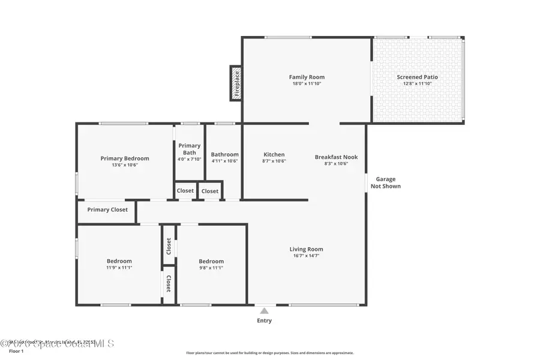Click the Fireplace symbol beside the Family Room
pos(236,83)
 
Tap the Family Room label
pos(307,77)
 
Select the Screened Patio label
pos(417,77)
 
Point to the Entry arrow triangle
pos(264,310)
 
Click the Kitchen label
pos(274,154)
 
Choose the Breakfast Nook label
pos(336,157)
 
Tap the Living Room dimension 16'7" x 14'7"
pos(307,256)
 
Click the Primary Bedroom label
pos(125,158)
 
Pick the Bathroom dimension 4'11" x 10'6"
pos(224,161)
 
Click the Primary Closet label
pos(107,209)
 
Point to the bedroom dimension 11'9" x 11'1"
pos(119,268)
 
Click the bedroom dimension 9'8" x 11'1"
pos(211,268)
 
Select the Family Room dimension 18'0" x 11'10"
pos(307,83)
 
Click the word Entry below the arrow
pos(264,320)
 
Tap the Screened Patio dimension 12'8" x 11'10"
pos(417,83)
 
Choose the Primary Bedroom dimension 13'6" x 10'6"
pos(125,164)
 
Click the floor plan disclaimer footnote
pos(269,353)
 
